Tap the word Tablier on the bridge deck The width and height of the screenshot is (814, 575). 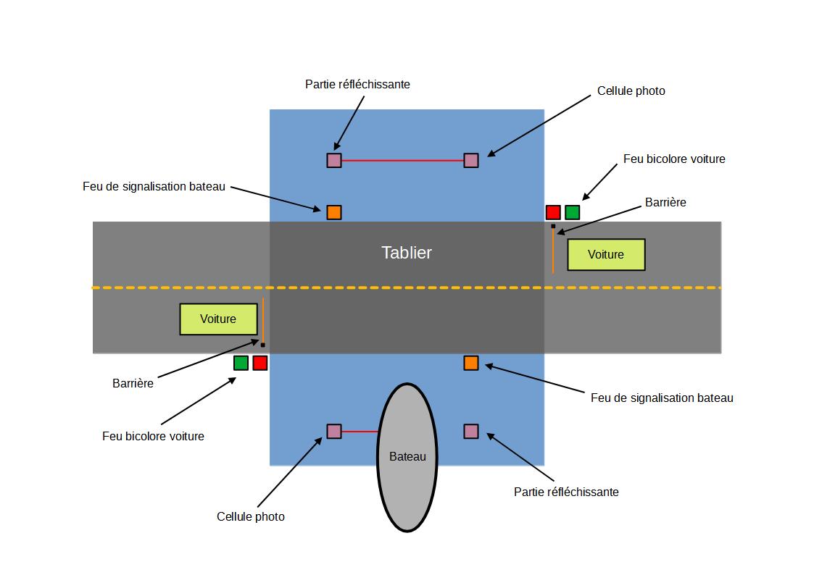[407, 253]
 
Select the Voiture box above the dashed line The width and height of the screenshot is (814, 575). [605, 255]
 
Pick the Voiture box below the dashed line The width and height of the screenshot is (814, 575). [218, 319]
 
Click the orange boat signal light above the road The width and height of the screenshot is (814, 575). [333, 212]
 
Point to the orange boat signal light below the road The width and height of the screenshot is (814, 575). [471, 363]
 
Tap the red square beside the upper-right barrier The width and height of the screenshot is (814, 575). [553, 212]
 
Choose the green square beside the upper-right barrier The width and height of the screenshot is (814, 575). [573, 212]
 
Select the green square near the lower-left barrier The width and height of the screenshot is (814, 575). [241, 363]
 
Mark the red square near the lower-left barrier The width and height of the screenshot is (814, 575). [260, 363]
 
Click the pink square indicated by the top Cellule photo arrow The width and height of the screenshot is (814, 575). [471, 160]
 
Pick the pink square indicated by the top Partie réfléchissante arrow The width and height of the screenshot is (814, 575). [333, 160]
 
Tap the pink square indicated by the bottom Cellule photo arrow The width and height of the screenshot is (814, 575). [333, 432]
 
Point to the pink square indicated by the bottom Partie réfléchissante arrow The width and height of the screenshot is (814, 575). [471, 432]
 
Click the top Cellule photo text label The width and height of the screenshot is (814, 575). [631, 91]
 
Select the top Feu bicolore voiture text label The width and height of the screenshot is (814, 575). [674, 159]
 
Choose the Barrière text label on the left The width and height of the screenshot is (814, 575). [133, 384]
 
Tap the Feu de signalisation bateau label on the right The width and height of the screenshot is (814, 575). [662, 398]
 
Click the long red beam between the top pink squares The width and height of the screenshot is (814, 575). [402, 160]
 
